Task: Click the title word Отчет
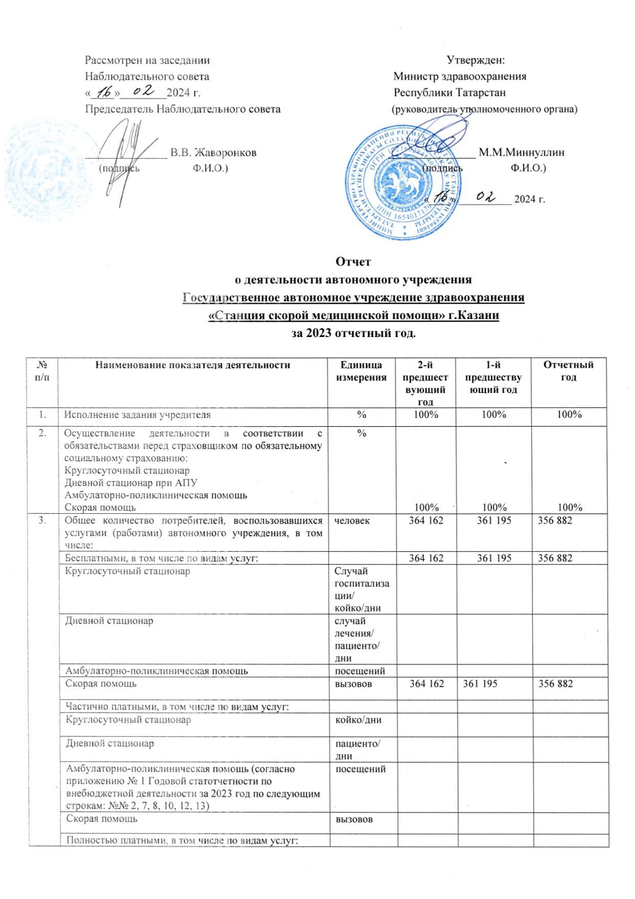[x=353, y=262]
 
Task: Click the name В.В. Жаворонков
[x=214, y=152]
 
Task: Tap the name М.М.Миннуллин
[x=521, y=152]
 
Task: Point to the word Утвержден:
[x=476, y=60]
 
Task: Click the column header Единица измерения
[x=361, y=371]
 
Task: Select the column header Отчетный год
[x=568, y=371]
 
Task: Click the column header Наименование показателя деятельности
[x=192, y=365]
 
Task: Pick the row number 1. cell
[x=43, y=415]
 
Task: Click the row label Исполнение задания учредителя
[x=138, y=415]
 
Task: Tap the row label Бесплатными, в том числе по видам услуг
[x=161, y=558]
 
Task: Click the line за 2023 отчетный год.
[x=353, y=333]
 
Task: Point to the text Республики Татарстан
[x=449, y=93]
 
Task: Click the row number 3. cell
[x=43, y=521]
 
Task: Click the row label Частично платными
[x=177, y=707]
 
